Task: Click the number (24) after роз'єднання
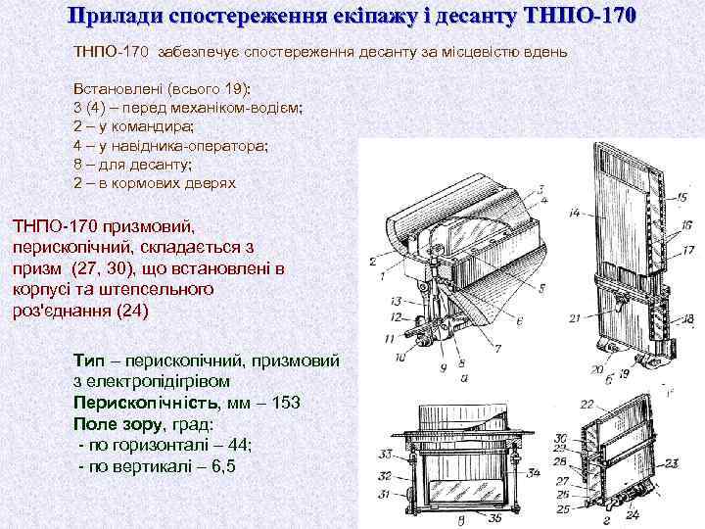132,312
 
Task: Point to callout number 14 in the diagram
576,211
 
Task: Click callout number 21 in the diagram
576,315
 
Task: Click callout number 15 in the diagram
681,197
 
